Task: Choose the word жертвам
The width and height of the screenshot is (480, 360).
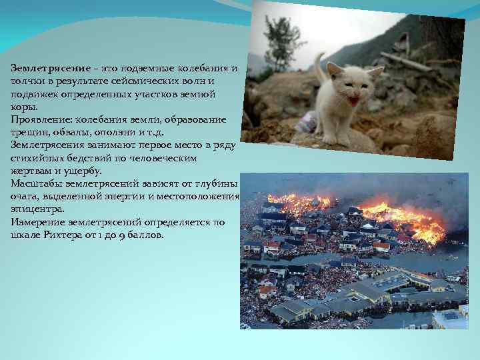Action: point(31,171)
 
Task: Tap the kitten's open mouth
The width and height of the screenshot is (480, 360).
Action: point(353,102)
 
